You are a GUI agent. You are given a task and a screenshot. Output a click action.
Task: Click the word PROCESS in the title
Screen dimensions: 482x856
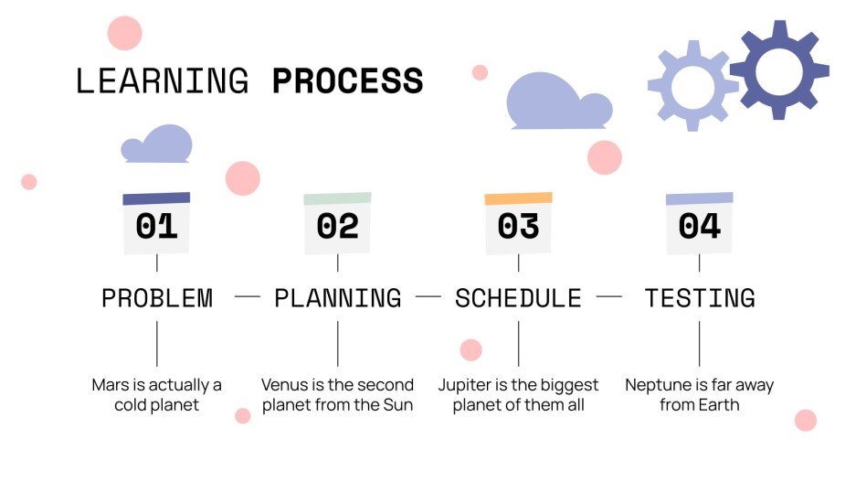tap(347, 81)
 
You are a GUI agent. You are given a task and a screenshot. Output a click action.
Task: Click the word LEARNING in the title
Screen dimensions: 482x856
tap(162, 81)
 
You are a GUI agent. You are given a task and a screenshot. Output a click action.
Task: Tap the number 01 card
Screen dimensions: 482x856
tap(156, 226)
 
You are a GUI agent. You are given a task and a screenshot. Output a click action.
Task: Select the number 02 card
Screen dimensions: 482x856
tap(337, 226)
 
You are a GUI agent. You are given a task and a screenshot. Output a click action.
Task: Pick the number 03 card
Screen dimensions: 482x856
tap(518, 226)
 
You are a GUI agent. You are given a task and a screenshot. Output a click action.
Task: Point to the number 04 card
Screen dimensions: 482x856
tap(699, 226)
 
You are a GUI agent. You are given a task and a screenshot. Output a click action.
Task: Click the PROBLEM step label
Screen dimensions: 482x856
tap(156, 298)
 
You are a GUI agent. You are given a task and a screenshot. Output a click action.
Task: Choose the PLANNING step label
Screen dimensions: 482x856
tap(337, 298)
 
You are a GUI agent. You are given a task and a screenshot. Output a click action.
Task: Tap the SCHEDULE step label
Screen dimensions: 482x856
tap(518, 298)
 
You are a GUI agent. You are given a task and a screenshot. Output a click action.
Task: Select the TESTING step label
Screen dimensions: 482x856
tap(700, 298)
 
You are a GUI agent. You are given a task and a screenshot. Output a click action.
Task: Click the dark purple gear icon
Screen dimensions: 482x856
tap(778, 70)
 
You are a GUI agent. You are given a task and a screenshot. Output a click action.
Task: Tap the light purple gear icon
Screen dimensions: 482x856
tap(692, 86)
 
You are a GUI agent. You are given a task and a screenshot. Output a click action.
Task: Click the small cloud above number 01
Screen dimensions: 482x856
tap(158, 145)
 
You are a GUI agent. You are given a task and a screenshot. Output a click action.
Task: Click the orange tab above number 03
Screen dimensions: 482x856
tap(518, 198)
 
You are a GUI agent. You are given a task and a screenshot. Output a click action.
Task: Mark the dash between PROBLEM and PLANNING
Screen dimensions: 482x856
tap(247, 297)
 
